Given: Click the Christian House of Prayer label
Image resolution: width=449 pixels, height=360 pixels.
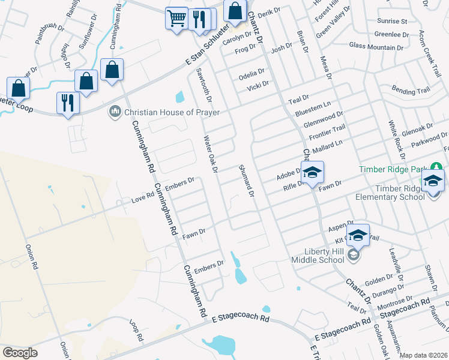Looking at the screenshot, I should click(172, 112).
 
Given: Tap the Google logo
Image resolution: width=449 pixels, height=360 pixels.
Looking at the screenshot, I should click(20, 353).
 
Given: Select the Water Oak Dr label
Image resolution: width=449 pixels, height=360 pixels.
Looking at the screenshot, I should click(210, 155).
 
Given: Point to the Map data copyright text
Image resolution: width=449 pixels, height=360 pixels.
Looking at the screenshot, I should click(423, 355).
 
